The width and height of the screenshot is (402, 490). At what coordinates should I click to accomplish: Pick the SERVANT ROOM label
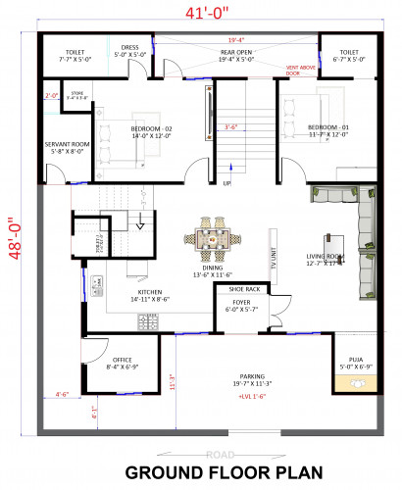[x=67, y=146]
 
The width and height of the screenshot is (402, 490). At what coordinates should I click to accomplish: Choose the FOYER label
[x=240, y=303]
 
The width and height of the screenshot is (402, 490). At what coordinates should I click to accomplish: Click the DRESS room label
[x=130, y=47]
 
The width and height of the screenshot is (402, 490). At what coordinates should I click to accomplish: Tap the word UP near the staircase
[x=227, y=183]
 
